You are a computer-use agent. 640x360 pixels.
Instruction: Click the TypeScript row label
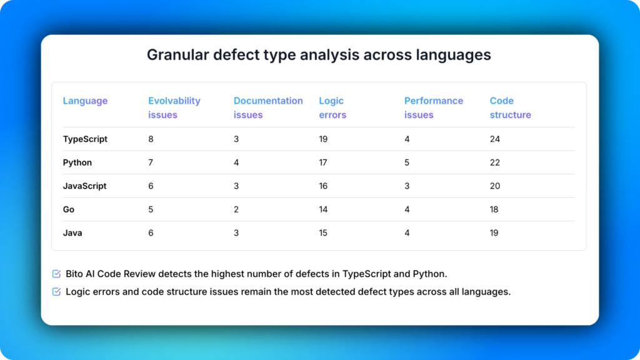(x=85, y=139)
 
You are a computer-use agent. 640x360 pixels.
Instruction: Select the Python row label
(x=77, y=162)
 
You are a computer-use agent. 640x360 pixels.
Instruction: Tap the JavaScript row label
(x=84, y=186)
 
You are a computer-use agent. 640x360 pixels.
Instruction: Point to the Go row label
(x=69, y=209)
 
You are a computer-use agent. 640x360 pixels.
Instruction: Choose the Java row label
(x=72, y=233)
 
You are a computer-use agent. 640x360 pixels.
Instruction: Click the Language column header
(x=85, y=101)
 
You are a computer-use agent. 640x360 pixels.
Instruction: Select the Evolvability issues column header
(x=174, y=107)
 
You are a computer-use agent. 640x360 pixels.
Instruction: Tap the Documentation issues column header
(x=268, y=107)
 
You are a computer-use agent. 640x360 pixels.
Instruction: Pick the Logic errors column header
(x=332, y=107)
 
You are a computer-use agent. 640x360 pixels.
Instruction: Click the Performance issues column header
(x=434, y=107)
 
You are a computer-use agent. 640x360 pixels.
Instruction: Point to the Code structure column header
(x=510, y=107)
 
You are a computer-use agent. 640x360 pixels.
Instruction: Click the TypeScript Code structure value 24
(x=495, y=139)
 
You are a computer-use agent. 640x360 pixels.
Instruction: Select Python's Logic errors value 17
(x=324, y=162)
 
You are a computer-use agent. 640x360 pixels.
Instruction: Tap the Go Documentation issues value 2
(x=236, y=209)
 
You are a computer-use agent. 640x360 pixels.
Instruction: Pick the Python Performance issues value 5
(x=407, y=162)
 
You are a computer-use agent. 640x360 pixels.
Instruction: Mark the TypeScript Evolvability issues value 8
(x=151, y=139)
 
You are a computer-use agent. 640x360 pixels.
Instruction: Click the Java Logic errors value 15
(x=324, y=233)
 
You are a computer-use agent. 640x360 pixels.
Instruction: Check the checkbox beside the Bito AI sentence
(x=56, y=274)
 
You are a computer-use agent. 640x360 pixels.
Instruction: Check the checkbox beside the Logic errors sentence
(x=56, y=291)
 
